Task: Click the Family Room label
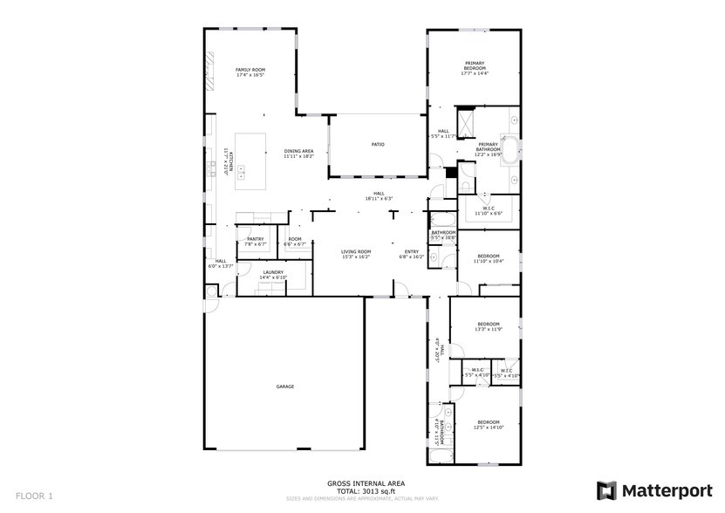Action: click(250, 70)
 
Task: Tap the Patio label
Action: click(378, 144)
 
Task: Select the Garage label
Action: click(285, 386)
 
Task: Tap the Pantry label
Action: click(255, 238)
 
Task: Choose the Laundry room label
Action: click(272, 272)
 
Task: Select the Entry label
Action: click(411, 251)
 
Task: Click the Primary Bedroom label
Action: click(474, 65)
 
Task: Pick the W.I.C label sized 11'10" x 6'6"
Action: click(488, 208)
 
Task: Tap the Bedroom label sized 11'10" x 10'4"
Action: click(488, 256)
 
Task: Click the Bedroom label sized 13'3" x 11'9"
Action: click(488, 324)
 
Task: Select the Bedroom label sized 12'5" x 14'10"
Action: click(488, 421)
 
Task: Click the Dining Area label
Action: click(298, 151)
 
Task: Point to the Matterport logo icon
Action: click(606, 490)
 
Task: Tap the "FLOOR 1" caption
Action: click(35, 496)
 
